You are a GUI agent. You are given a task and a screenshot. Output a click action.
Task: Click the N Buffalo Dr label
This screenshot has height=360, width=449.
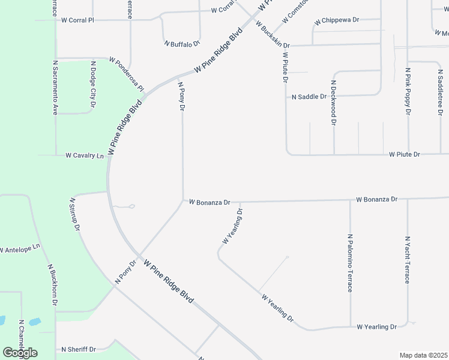[181, 44]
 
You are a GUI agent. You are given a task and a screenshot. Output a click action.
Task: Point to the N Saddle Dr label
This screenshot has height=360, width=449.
[309, 96]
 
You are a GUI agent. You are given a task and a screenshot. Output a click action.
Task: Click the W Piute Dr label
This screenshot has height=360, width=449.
[404, 154]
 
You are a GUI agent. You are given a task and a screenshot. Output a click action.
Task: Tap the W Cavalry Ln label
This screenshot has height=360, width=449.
[85, 155]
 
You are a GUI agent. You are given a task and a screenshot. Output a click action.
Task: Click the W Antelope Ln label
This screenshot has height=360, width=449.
[20, 248]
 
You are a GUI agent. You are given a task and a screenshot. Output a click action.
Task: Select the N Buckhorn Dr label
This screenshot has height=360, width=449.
[52, 285]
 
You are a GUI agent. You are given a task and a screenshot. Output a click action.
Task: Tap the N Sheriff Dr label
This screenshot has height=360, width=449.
[78, 349]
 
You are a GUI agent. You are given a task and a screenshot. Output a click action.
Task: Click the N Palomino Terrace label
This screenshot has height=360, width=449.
[350, 263]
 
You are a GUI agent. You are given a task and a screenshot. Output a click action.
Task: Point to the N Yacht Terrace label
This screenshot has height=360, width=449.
[407, 259]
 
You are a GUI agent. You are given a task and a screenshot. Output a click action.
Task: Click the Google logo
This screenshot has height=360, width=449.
[20, 352]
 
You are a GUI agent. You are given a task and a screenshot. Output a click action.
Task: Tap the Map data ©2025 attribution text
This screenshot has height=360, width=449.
[423, 355]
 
